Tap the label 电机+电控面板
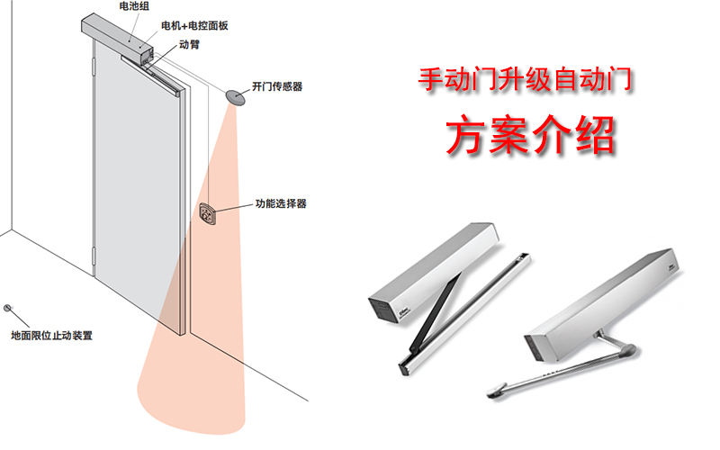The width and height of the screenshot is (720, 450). (x=194, y=25)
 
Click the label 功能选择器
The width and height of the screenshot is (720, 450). (x=281, y=204)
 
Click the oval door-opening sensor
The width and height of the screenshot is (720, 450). (x=236, y=95)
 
